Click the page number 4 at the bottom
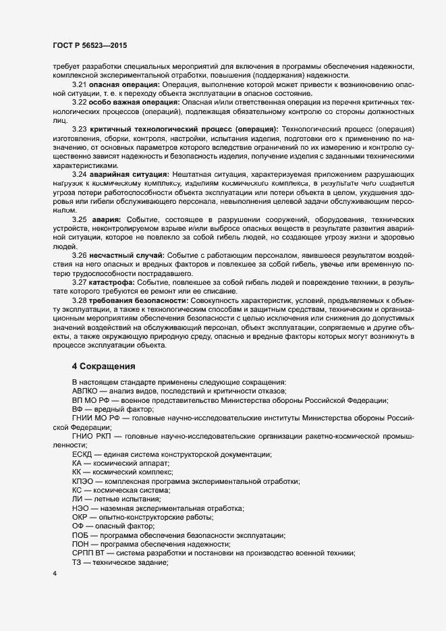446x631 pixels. [55, 574]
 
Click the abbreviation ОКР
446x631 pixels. [81, 517]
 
